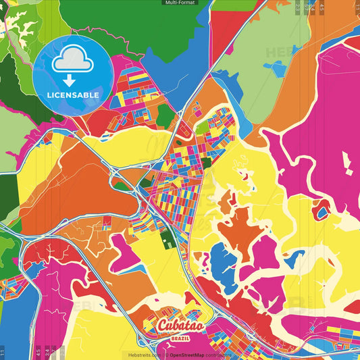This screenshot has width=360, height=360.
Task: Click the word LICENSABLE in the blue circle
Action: pos(73,95)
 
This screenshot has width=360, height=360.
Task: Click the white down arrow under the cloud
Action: pos(72,80)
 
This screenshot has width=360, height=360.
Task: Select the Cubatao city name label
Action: pos(180,326)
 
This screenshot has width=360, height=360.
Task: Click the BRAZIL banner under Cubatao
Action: pos(180,338)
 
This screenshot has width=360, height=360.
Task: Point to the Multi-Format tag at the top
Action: pos(180,3)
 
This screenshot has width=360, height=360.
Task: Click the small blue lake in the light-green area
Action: pos(275,68)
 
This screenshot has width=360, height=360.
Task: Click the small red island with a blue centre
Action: pos(323,213)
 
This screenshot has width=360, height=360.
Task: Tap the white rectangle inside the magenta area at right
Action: pos(347,163)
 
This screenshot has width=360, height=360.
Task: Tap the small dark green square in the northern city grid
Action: pos(206,144)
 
